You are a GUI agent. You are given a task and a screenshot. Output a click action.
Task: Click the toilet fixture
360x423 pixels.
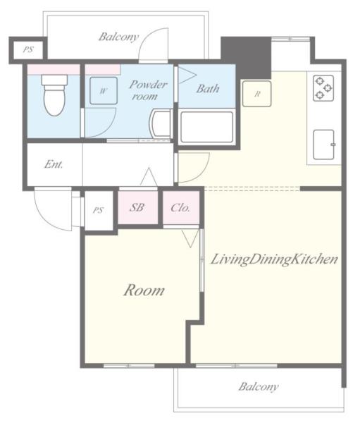[54, 95]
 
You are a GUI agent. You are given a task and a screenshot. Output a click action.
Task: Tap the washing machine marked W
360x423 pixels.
[104, 91]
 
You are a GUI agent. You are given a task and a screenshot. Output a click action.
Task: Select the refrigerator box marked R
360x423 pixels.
[256, 94]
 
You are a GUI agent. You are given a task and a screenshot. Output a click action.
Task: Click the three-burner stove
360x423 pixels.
[323, 88]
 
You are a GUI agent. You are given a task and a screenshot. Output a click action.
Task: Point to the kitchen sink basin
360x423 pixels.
[324, 145]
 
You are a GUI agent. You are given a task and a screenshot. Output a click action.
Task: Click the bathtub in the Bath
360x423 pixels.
[207, 127]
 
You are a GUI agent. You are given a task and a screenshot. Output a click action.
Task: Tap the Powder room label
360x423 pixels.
[148, 90]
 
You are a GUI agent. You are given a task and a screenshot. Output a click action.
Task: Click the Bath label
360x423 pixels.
[208, 89]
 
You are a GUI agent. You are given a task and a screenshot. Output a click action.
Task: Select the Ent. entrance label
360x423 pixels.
[54, 164]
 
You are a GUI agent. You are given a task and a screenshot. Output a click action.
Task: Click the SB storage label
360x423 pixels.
[137, 207]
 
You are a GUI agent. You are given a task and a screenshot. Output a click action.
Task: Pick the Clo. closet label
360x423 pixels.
[180, 207]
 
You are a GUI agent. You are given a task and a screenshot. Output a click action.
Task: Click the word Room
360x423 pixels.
[144, 290]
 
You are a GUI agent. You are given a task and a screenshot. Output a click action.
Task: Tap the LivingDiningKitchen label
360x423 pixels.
[274, 259]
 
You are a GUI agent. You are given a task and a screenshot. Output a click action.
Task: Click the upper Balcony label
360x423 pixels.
[118, 37]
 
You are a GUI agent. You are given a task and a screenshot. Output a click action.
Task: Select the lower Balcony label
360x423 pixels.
[259, 386]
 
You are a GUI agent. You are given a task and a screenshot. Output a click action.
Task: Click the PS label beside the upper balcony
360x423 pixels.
[28, 49]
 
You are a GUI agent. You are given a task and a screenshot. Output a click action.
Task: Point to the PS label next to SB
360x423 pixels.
[98, 210]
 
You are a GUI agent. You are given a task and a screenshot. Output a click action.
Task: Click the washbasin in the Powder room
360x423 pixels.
[161, 124]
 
